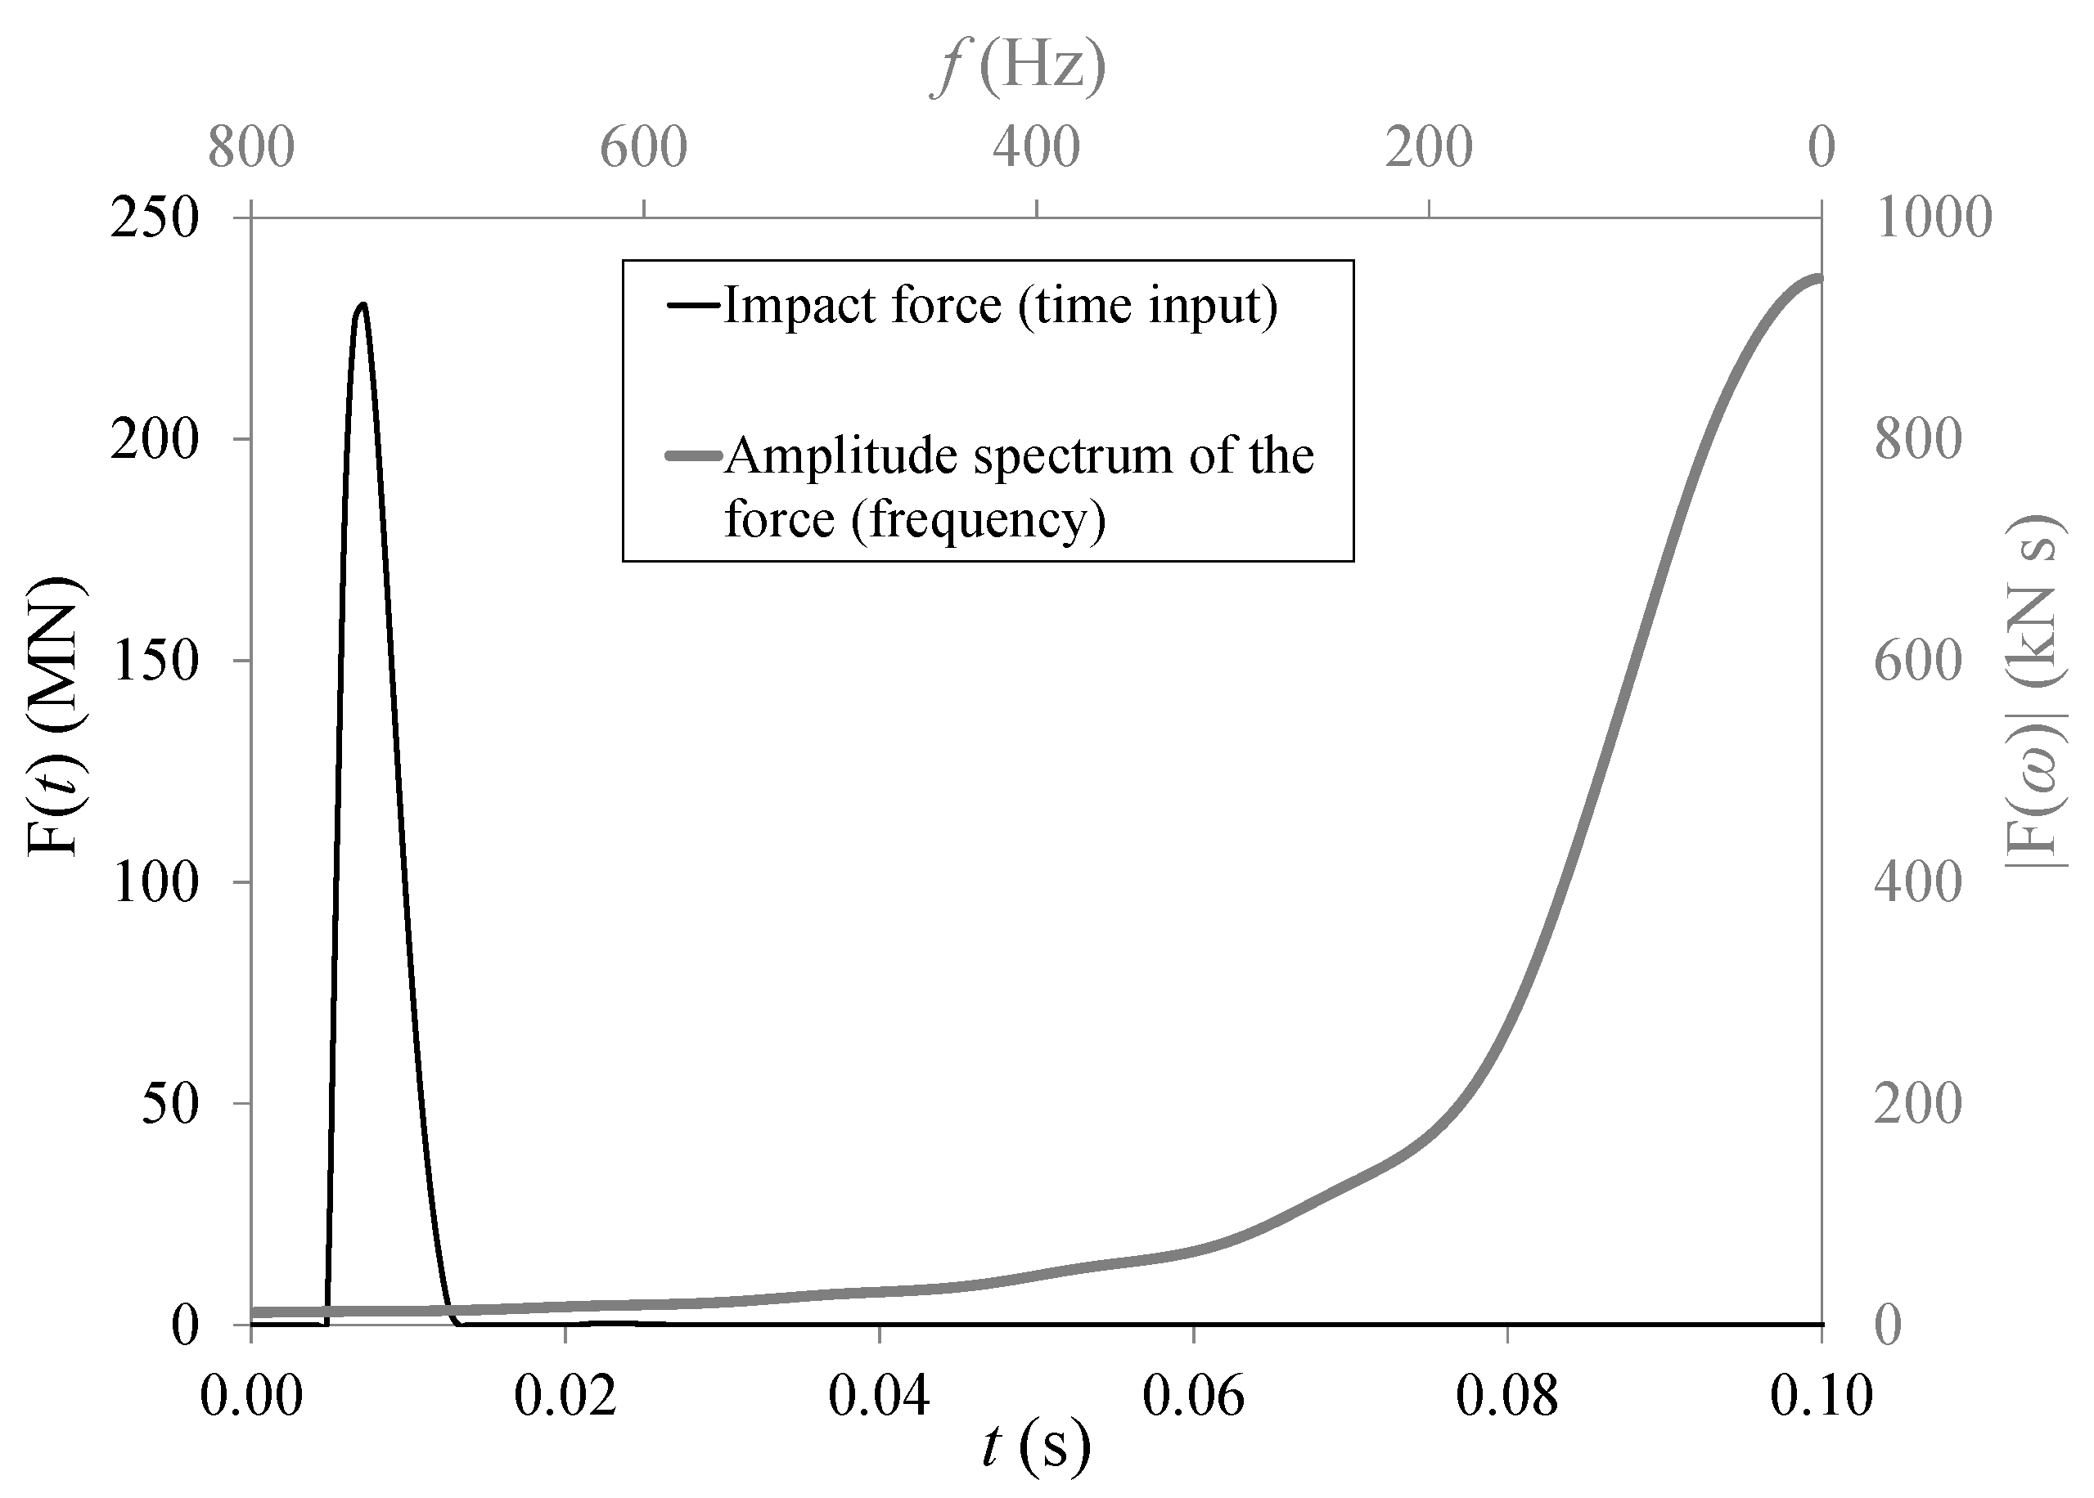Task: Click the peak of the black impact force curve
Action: (363, 304)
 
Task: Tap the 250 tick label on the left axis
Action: (155, 219)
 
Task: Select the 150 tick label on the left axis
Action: (155, 662)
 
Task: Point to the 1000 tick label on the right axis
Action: (1933, 219)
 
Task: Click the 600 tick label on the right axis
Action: (1918, 662)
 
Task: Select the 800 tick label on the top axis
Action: (251, 147)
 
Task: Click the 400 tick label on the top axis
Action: (1037, 147)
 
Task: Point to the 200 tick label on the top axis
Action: (1429, 147)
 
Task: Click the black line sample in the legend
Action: (692, 304)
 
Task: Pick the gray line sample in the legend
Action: (692, 455)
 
